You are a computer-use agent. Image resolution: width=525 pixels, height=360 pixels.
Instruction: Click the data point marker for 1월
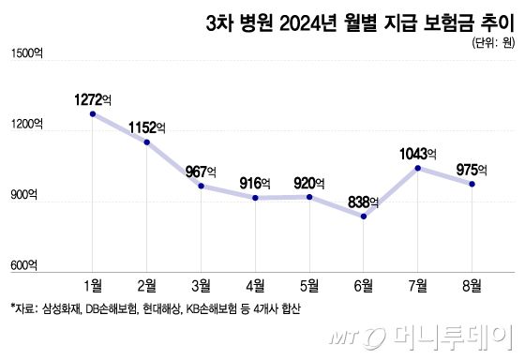(x=93, y=113)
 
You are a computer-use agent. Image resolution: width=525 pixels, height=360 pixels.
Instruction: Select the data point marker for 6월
(x=364, y=217)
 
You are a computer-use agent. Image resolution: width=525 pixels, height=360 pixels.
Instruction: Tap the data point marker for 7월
(x=418, y=168)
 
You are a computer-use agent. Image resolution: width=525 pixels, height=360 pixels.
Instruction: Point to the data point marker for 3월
(x=202, y=186)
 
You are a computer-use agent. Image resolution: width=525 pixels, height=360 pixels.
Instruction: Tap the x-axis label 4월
(x=256, y=284)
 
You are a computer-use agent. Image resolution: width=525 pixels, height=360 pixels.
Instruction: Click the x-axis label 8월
(x=472, y=284)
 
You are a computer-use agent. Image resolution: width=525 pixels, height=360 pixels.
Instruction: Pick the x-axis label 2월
(x=147, y=284)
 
